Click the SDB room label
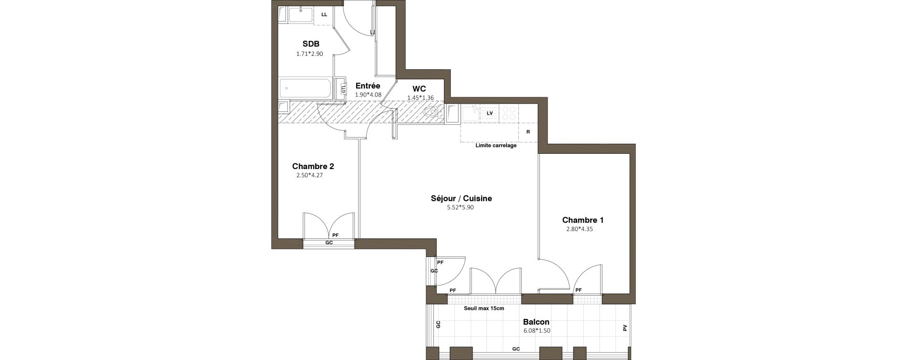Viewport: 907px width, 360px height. click(311, 44)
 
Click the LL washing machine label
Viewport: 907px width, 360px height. click(324, 14)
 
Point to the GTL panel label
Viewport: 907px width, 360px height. click(343, 88)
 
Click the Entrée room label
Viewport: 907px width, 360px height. click(368, 86)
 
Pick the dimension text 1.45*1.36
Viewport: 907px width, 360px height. click(421, 98)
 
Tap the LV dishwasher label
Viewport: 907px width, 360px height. click(489, 113)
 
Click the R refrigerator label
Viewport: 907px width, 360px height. click(528, 132)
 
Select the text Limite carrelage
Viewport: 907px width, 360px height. click(496, 146)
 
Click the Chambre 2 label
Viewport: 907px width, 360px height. click(313, 167)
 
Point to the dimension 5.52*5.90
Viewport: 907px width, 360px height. click(460, 208)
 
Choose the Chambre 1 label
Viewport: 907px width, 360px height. click(583, 220)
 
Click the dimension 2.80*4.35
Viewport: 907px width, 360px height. click(580, 229)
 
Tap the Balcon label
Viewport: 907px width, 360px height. click(537, 322)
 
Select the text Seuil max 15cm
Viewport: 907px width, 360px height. click(484, 308)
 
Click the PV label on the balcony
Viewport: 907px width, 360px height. click(625, 328)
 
